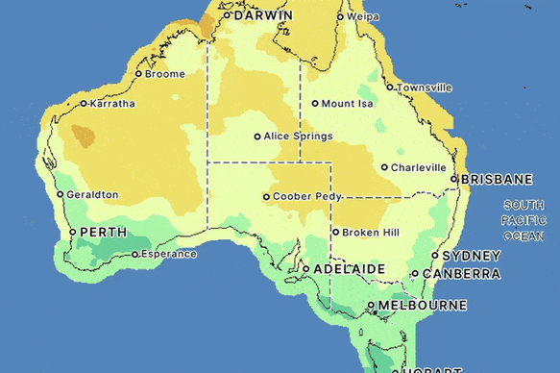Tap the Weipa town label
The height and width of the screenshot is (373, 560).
(363, 16)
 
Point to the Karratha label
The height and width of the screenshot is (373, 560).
(112, 104)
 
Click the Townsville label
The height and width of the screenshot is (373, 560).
(425, 87)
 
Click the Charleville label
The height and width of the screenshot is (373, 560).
(419, 167)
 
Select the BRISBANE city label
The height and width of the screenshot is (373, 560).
(497, 180)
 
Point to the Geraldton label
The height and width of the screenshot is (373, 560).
(93, 194)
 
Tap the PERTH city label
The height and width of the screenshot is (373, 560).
(103, 233)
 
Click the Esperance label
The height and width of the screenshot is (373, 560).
(169, 255)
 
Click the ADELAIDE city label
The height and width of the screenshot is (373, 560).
(350, 269)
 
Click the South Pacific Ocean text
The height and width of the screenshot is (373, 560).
(523, 220)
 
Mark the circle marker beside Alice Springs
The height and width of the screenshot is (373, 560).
(256, 137)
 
